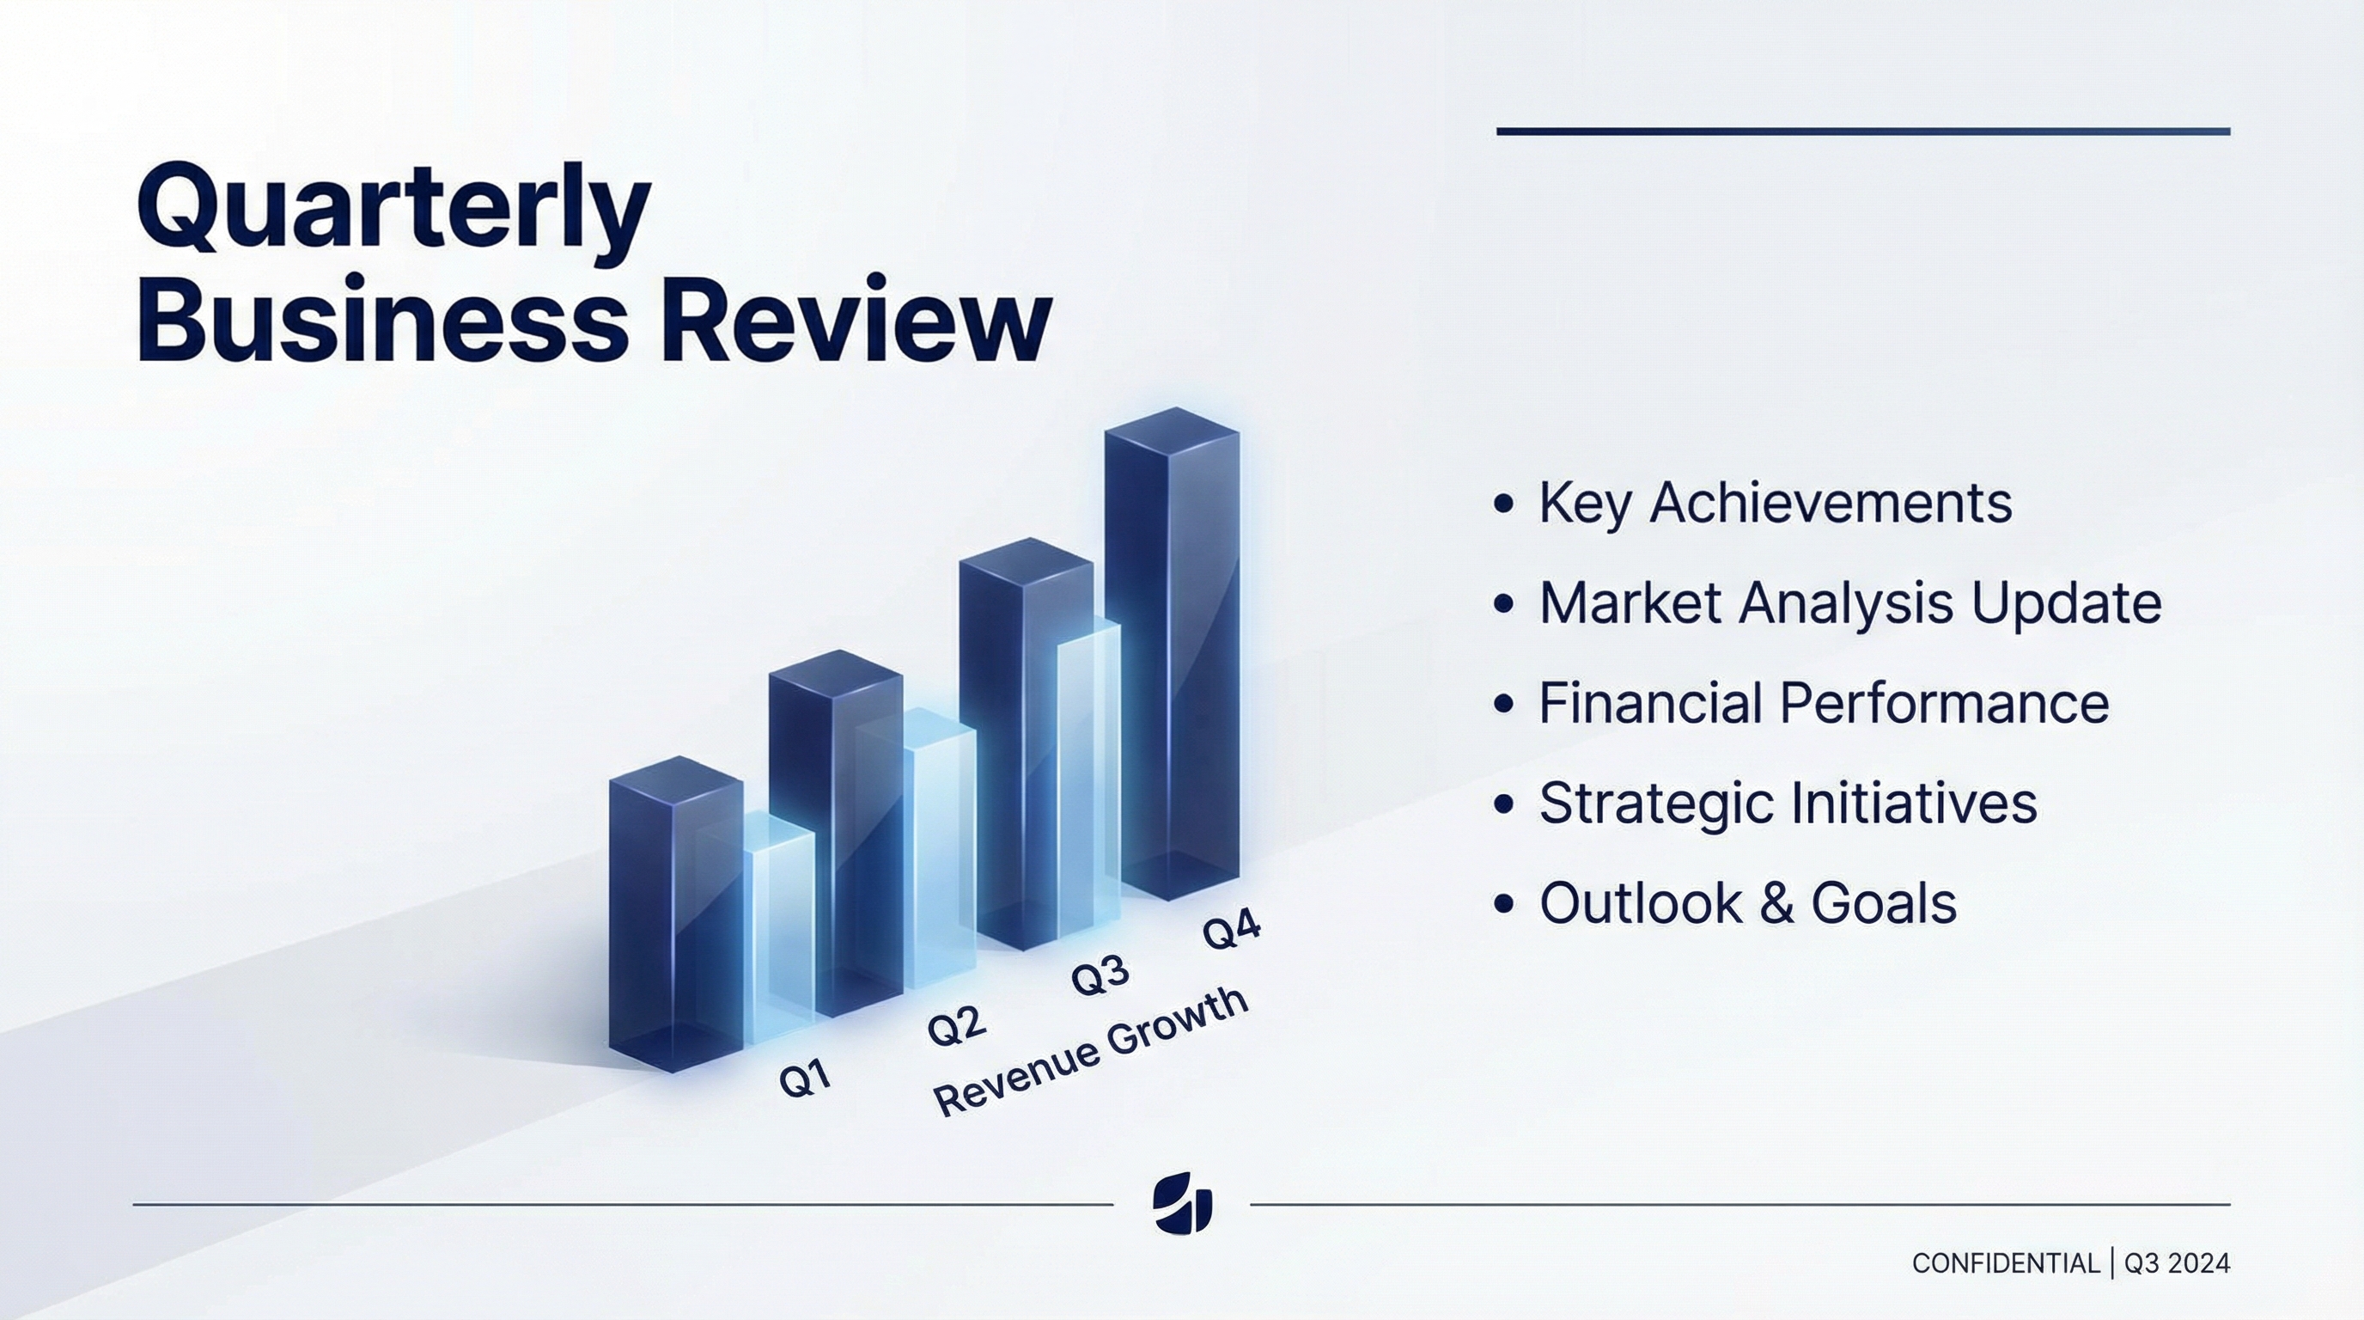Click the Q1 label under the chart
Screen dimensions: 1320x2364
[x=805, y=1078]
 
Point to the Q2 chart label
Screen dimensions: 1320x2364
[x=956, y=1024]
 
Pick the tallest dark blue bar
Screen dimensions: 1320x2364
[x=1172, y=651]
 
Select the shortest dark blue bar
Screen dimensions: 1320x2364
[x=675, y=914]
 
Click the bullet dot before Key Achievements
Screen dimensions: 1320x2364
[x=1503, y=503]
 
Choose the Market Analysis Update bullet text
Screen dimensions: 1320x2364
[x=1850, y=603]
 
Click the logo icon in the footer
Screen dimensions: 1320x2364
[x=1182, y=1203]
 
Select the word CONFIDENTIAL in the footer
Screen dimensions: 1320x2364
[x=2005, y=1264]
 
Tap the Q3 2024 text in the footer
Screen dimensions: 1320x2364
[x=2177, y=1264]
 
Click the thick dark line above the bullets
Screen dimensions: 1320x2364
[x=1863, y=132]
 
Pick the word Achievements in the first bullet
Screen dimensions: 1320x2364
[x=1830, y=503]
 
